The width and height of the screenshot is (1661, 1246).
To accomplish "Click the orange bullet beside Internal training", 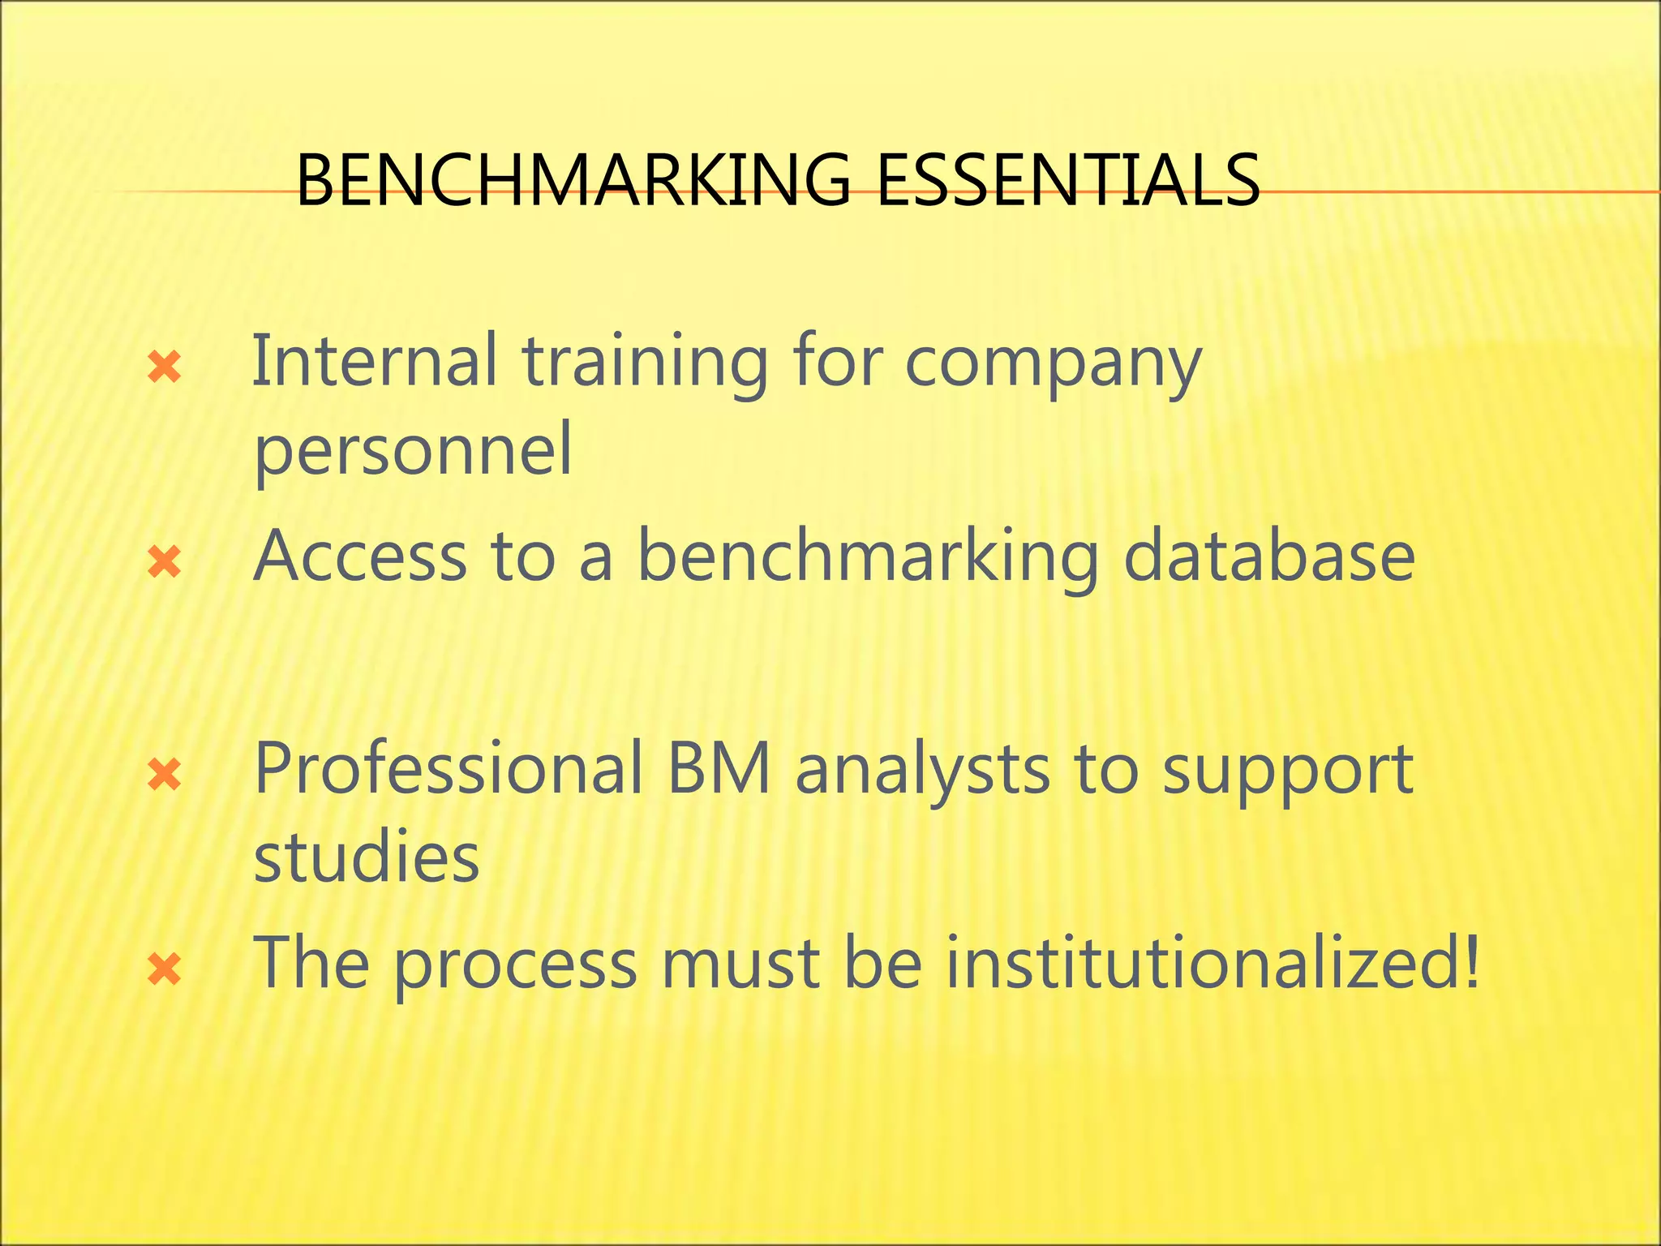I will coord(164,368).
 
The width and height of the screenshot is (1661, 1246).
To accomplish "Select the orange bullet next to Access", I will coord(164,562).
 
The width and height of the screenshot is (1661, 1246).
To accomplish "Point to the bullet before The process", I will coord(164,969).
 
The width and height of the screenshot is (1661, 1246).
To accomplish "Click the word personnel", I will coord(413,452).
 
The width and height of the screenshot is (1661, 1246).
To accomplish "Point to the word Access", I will coord(360,556).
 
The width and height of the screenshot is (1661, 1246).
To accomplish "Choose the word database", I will coord(1269,556).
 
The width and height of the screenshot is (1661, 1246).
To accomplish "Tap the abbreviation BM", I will coord(719,769).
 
